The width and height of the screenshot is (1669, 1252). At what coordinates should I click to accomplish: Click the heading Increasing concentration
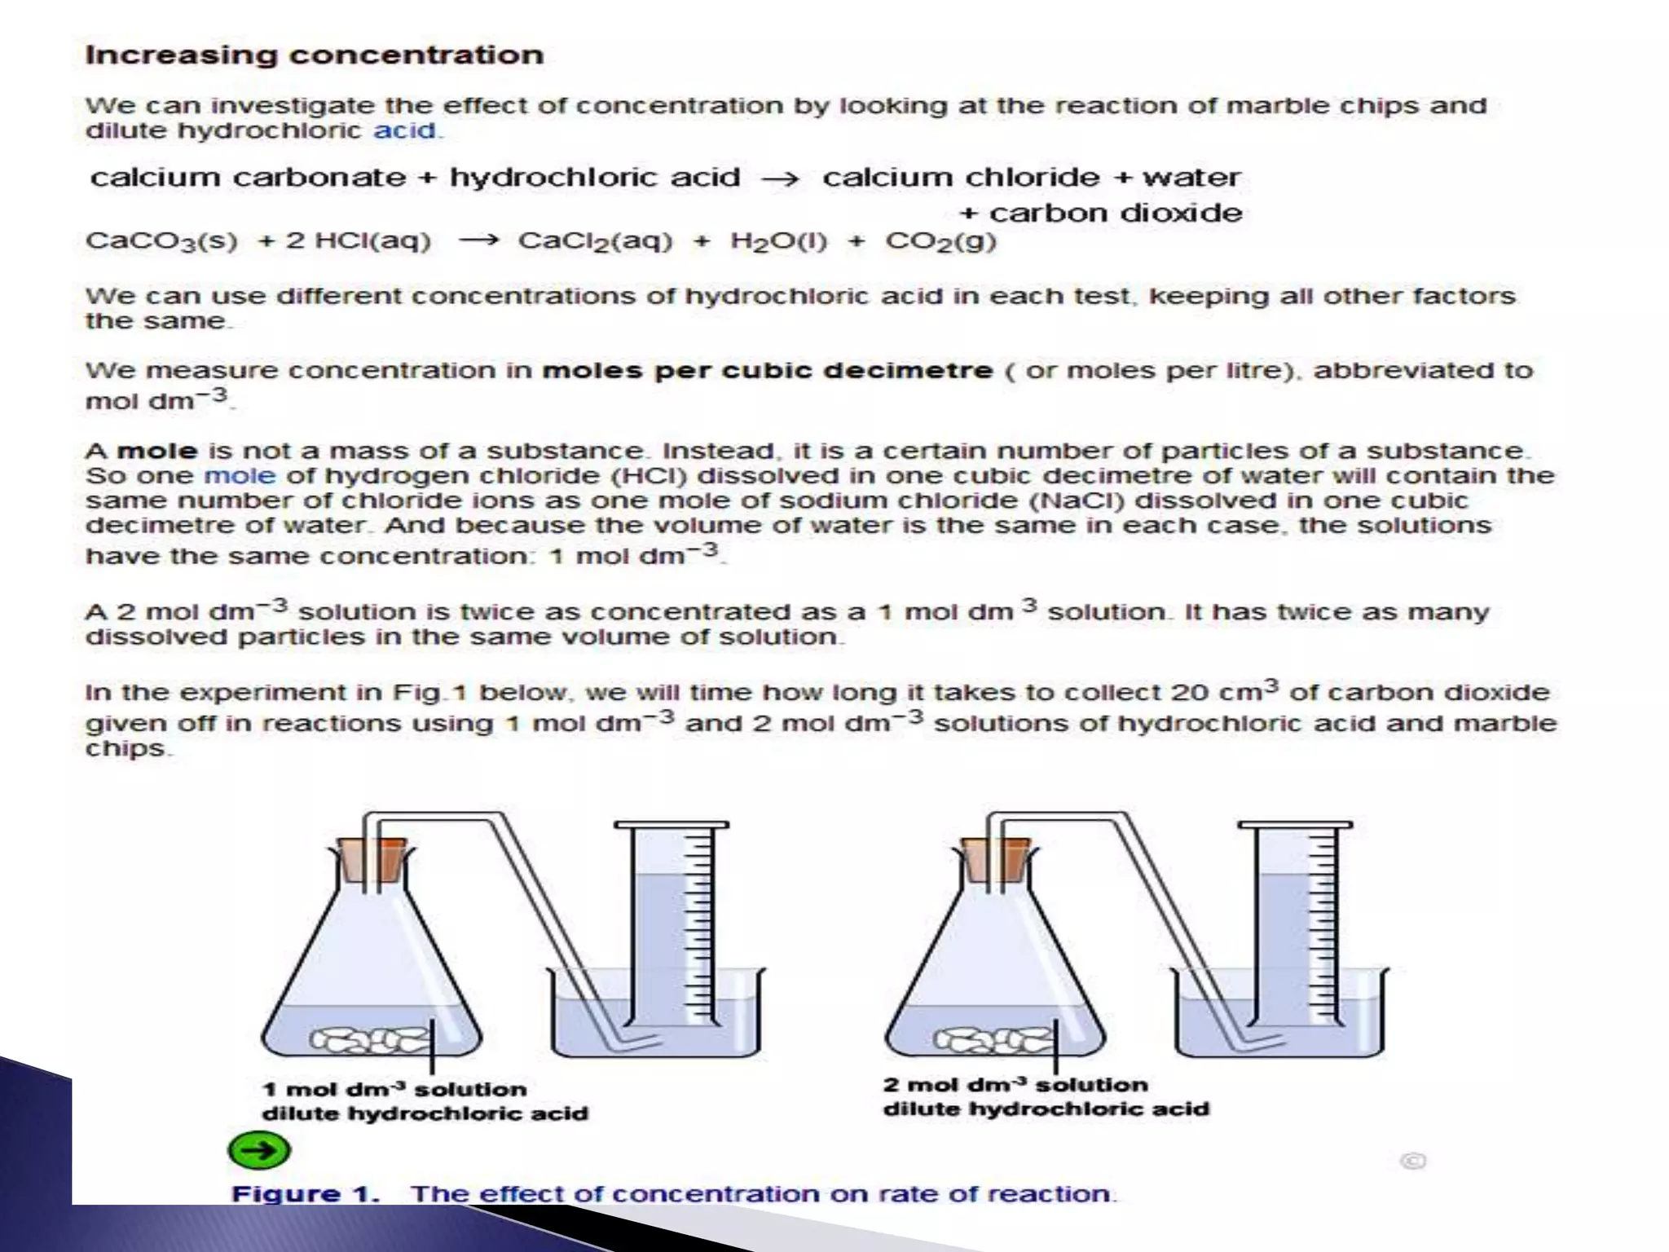click(314, 55)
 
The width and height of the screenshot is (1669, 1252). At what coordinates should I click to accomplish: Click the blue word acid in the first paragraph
click(405, 130)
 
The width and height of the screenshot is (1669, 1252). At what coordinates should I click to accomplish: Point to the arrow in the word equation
click(780, 179)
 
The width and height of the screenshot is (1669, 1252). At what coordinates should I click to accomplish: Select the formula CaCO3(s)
click(161, 241)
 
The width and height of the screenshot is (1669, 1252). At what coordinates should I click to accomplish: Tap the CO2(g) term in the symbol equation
click(940, 241)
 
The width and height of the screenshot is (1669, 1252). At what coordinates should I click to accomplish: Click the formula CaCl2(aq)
click(595, 241)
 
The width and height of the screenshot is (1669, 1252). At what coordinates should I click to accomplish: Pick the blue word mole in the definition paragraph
click(240, 476)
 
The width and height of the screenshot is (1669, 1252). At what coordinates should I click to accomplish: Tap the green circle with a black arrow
click(259, 1150)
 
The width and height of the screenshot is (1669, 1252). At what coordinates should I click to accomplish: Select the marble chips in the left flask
click(371, 1038)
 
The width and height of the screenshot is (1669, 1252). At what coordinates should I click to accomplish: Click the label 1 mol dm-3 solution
click(394, 1090)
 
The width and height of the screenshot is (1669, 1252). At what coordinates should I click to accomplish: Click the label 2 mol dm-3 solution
click(1015, 1085)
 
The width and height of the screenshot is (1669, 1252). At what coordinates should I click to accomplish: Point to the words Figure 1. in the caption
click(306, 1194)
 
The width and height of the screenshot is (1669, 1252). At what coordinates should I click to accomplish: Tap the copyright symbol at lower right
click(1413, 1161)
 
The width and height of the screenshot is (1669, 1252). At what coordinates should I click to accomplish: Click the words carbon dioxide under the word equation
click(1115, 214)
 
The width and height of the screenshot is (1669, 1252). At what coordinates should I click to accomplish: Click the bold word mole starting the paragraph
click(157, 452)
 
